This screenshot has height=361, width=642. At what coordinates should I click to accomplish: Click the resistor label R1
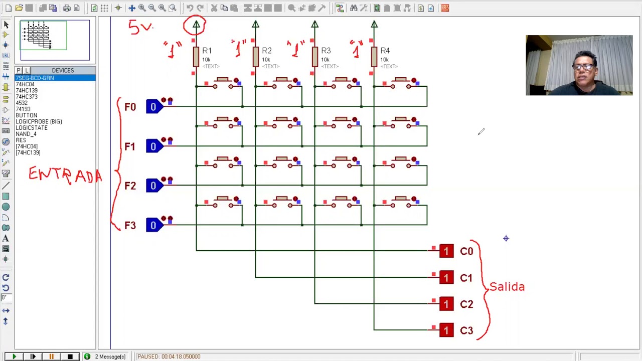[x=207, y=51]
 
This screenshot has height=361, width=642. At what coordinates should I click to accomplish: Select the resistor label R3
[x=326, y=51]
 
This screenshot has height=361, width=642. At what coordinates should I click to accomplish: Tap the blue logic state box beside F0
[x=153, y=106]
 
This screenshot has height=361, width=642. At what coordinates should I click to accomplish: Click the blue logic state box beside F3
[x=153, y=225]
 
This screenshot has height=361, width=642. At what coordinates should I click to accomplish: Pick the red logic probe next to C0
[x=446, y=251]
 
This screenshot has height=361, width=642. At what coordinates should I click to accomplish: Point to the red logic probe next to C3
[x=446, y=330]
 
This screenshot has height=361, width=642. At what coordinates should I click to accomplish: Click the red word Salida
[x=507, y=287]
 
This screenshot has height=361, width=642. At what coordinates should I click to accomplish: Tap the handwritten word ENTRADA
[x=65, y=175]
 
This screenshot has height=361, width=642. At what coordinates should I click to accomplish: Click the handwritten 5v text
[x=140, y=27]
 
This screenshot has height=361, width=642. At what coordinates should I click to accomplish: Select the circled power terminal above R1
[x=196, y=25]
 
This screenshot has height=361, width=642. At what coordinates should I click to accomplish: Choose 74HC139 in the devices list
[x=27, y=90]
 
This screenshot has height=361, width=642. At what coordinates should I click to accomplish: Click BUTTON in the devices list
[x=26, y=115]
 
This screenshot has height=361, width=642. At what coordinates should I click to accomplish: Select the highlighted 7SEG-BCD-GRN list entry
[x=35, y=78]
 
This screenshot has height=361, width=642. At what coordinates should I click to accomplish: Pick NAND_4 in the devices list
[x=26, y=134]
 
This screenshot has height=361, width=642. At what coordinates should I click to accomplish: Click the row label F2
[x=130, y=186]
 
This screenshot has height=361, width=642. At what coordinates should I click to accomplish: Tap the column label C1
[x=466, y=278]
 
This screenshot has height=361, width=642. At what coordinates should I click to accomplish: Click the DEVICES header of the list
[x=63, y=70]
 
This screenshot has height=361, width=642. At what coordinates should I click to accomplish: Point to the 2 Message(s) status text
[x=110, y=356]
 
